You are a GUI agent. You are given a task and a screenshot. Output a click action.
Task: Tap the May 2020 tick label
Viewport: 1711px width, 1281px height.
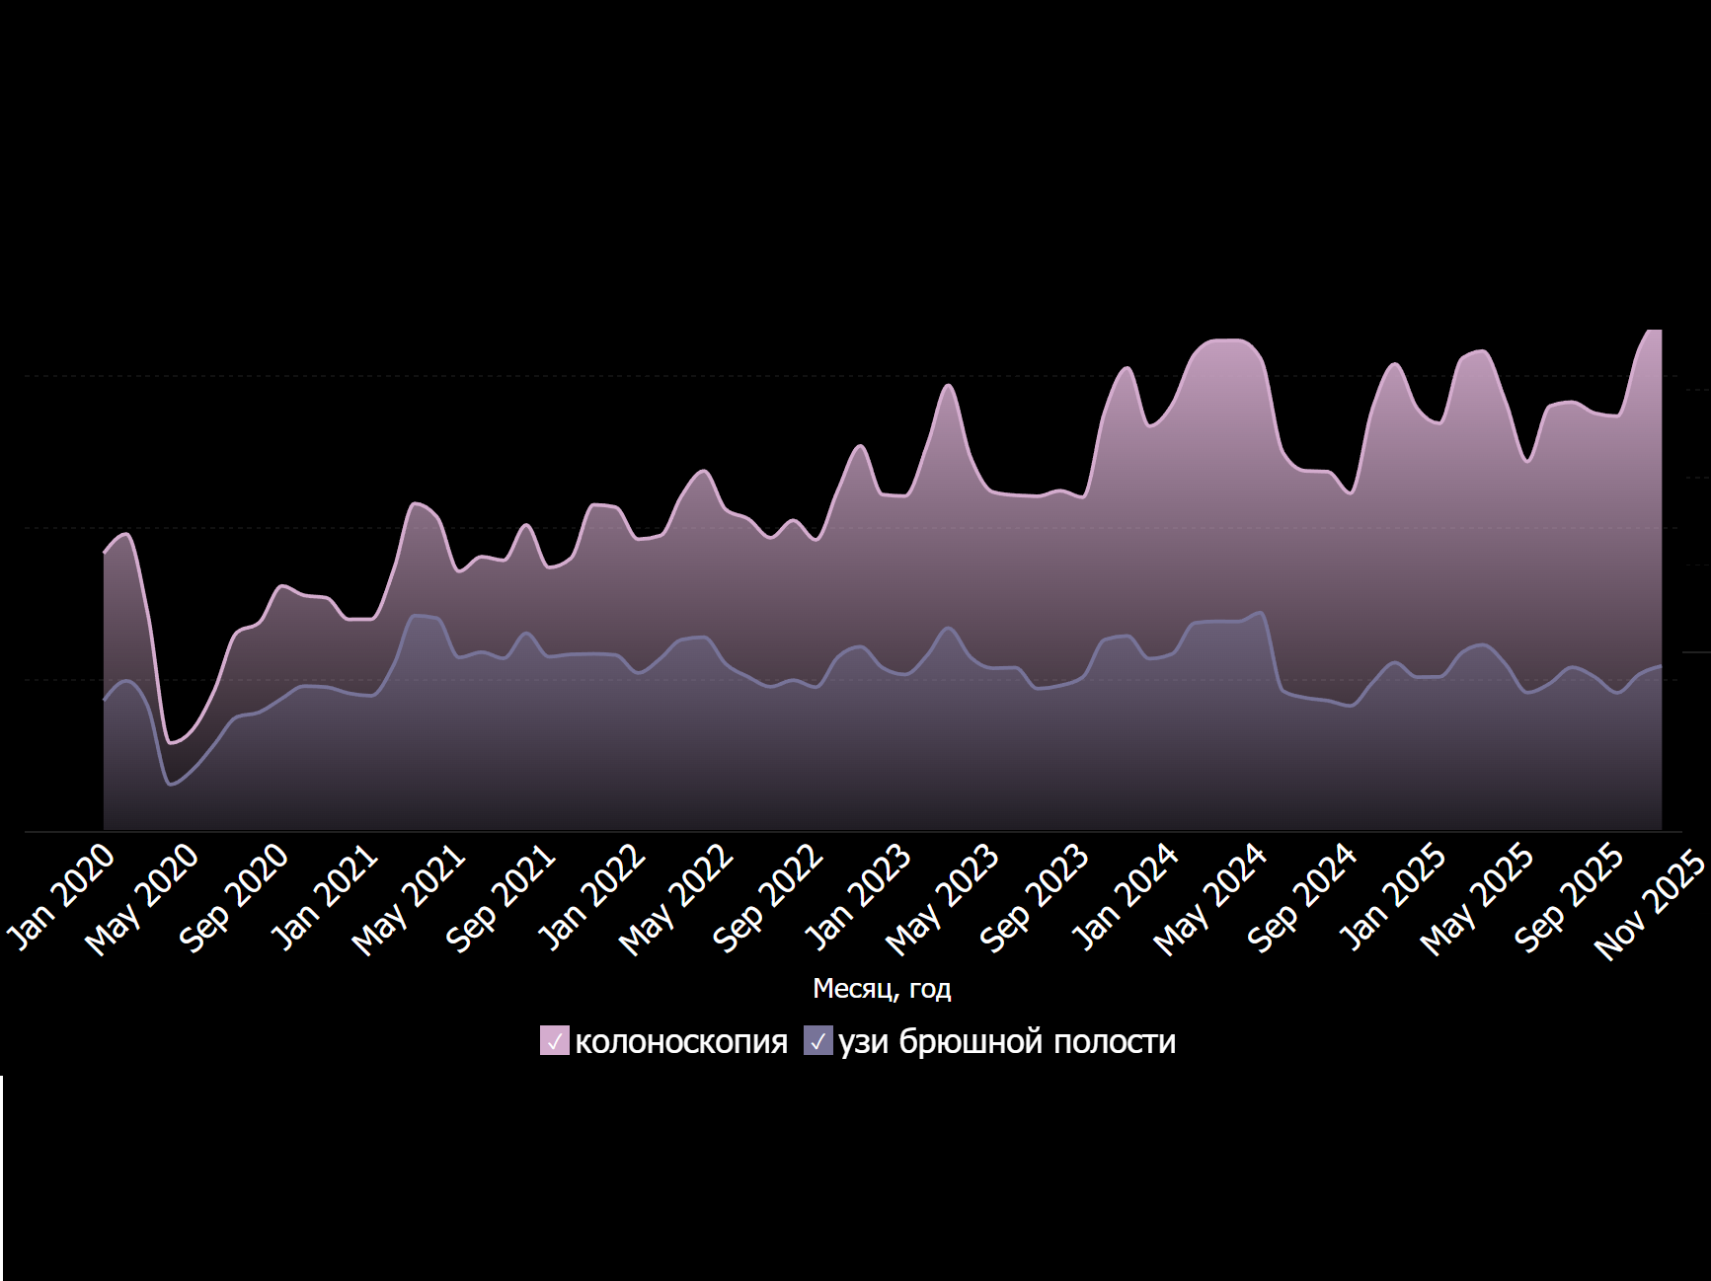(x=143, y=899)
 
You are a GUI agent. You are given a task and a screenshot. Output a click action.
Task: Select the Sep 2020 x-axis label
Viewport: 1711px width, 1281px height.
(x=234, y=897)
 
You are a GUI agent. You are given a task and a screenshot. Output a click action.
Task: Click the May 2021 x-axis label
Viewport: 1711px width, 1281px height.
(x=410, y=899)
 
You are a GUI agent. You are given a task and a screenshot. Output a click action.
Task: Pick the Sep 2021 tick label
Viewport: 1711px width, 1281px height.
(x=501, y=897)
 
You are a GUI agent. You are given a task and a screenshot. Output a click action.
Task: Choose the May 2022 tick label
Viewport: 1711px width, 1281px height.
(x=677, y=899)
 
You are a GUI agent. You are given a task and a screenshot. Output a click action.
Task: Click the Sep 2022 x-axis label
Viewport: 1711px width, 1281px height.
(x=768, y=897)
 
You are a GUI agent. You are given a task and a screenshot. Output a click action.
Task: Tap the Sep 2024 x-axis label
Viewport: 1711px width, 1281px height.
(x=1302, y=897)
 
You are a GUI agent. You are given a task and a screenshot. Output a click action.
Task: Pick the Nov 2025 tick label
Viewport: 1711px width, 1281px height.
(x=1650, y=904)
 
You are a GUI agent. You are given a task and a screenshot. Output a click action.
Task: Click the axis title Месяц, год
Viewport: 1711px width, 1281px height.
(x=882, y=989)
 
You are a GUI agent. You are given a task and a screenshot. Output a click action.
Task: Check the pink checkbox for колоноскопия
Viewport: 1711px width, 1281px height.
(x=555, y=1041)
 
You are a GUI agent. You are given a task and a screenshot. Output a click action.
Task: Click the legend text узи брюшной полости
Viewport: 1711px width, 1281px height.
(x=1007, y=1042)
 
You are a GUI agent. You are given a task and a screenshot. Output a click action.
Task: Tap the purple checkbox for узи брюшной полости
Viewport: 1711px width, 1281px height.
(x=818, y=1041)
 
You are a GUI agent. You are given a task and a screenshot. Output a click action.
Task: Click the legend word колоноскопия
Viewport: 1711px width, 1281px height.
(x=681, y=1042)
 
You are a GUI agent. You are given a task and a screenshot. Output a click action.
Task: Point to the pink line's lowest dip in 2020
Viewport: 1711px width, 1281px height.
(x=172, y=742)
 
